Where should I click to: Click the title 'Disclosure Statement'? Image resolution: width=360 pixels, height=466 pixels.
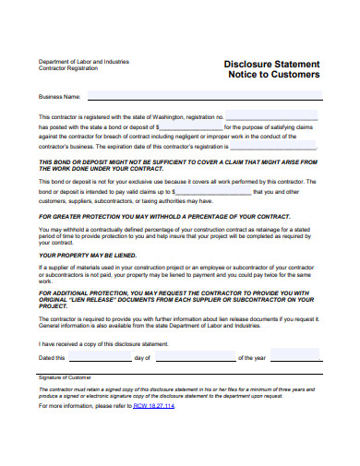(272, 64)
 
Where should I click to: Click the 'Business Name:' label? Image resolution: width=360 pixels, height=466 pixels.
(60, 96)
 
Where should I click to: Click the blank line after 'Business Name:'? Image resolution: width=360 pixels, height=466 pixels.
(203, 96)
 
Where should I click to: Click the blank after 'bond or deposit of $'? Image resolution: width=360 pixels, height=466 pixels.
(190, 127)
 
